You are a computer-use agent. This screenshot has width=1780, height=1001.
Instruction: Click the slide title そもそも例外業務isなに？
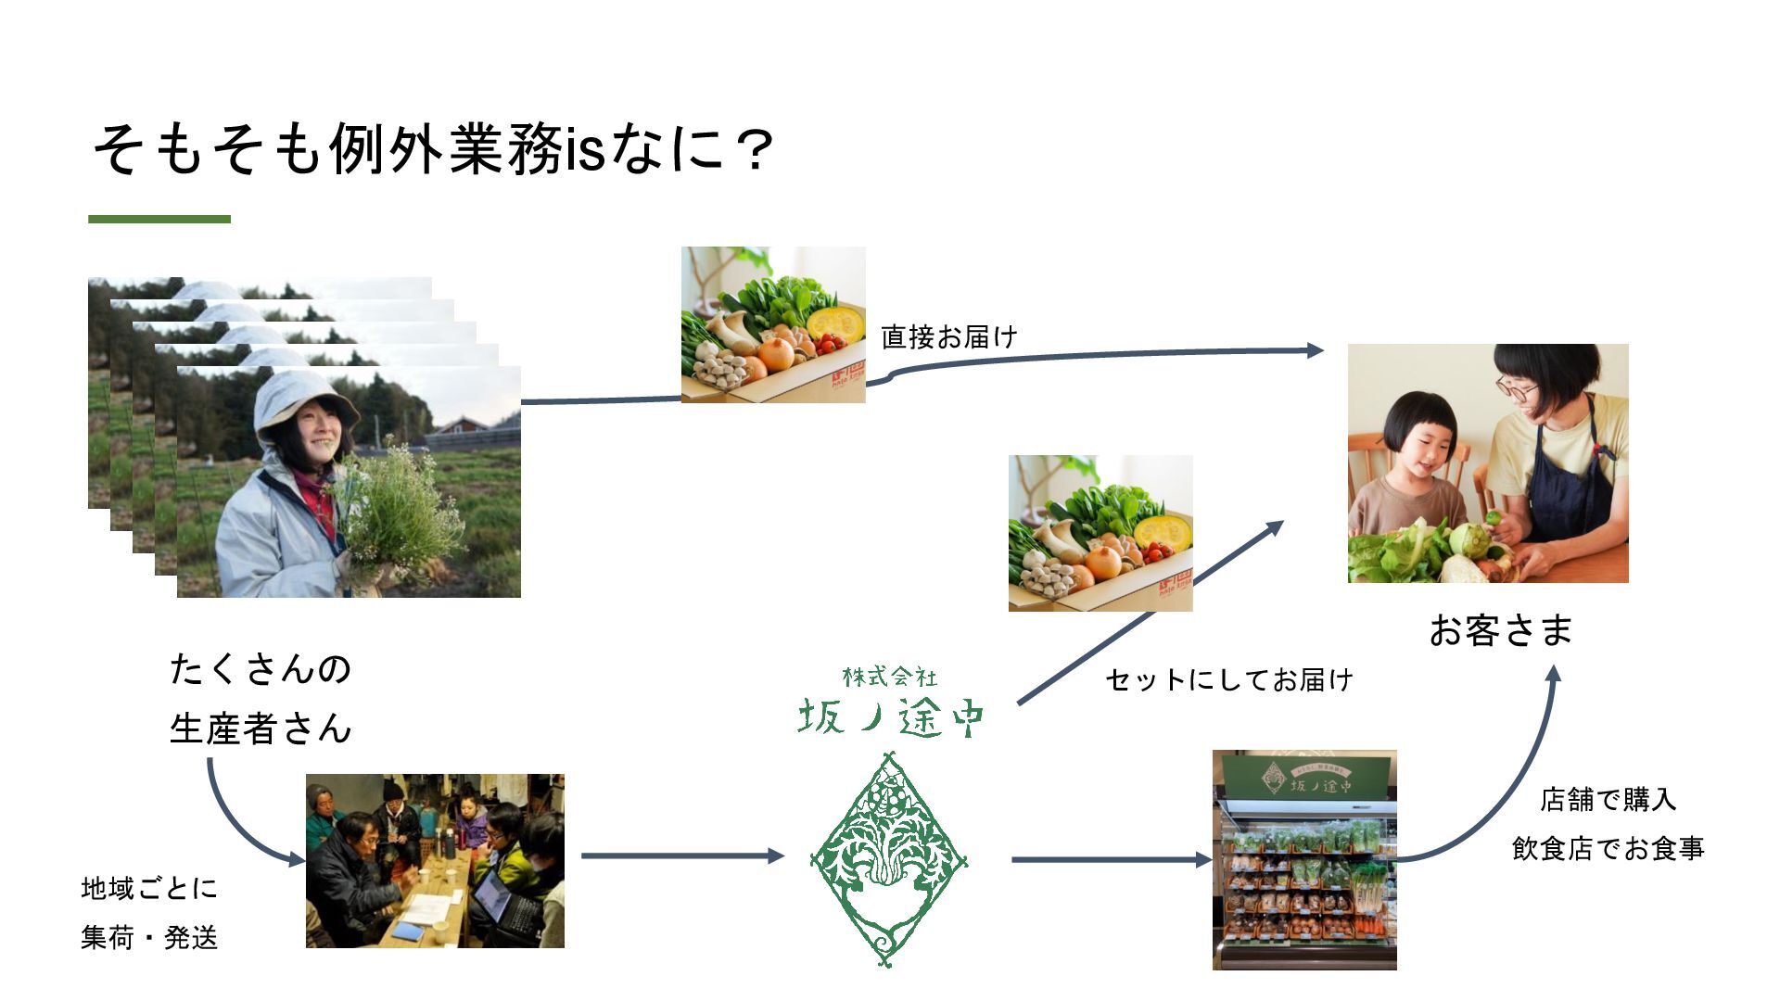pos(432,149)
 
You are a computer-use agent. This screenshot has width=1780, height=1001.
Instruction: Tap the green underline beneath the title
pos(159,220)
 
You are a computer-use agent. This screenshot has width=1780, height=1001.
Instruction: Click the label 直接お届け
pos(949,336)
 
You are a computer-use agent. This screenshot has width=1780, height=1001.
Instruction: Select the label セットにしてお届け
pos(1229,680)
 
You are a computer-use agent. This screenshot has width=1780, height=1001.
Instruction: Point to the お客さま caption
pos(1501,630)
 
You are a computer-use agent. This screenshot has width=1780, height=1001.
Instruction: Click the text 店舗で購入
pos(1608,799)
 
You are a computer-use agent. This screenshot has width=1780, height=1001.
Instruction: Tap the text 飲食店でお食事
pos(1608,848)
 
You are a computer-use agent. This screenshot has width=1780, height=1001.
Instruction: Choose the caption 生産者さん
pos(261,729)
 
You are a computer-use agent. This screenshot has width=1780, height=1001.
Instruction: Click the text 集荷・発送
pos(149,938)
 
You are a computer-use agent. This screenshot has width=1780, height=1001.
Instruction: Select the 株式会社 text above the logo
pos(889,678)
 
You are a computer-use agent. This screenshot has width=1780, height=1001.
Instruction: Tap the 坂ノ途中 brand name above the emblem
pos(890,716)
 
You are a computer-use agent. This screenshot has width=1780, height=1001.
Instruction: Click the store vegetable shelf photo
pos(1304,860)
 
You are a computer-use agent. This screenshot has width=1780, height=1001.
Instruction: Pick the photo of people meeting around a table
pos(435,860)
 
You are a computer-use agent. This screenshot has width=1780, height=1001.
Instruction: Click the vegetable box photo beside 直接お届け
pos(773,324)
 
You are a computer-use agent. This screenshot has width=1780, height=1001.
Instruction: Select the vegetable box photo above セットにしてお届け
pos(1100,533)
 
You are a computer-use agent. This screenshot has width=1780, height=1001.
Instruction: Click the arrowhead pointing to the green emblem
pos(776,856)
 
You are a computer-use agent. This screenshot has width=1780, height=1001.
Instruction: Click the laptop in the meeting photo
pos(502,899)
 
